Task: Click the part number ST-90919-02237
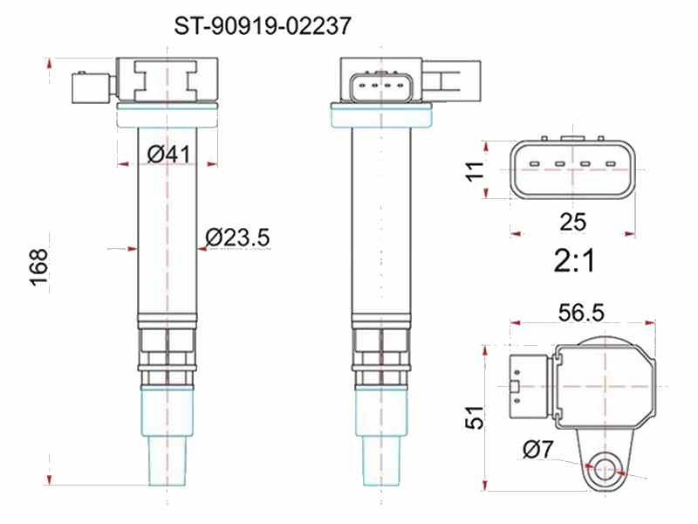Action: (x=263, y=26)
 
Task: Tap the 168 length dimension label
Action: (x=38, y=267)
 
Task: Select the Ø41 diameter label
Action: (x=168, y=155)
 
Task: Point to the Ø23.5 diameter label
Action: (x=237, y=237)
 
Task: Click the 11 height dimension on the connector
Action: (x=475, y=170)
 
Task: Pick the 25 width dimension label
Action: (x=573, y=222)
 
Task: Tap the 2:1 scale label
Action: (x=574, y=260)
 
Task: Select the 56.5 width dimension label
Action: (x=581, y=312)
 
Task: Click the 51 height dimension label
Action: (x=474, y=417)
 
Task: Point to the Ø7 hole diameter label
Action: (x=537, y=449)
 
